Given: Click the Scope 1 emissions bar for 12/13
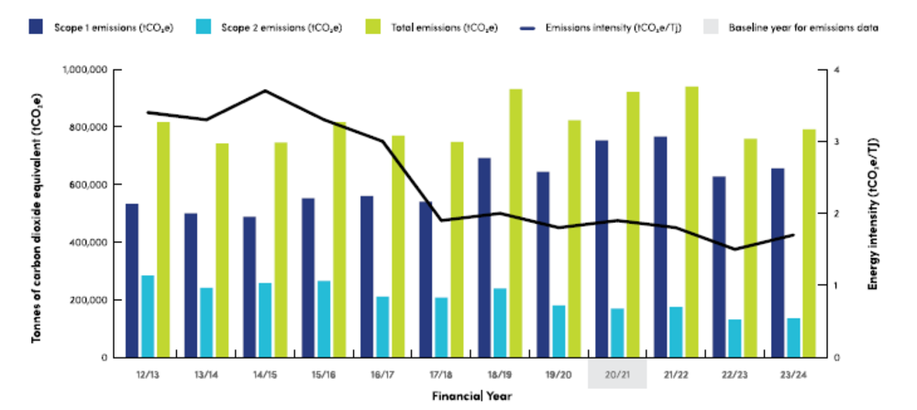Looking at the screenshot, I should (x=132, y=280).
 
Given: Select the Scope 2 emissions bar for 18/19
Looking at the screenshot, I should (x=500, y=322).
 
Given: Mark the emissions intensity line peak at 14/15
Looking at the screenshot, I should (x=264, y=91).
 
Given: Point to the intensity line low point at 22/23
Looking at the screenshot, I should (x=735, y=249).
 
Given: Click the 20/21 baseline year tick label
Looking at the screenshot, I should (x=617, y=374).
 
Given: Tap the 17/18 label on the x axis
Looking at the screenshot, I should (x=440, y=374).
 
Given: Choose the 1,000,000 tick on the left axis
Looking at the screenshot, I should (x=84, y=70).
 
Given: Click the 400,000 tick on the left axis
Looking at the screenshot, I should (x=90, y=242).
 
